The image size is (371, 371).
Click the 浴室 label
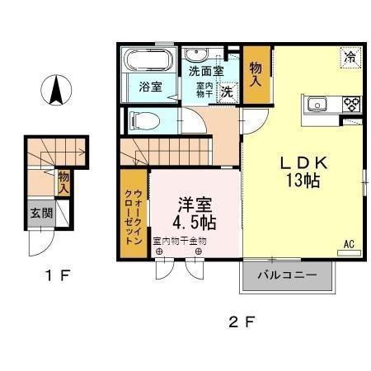pos(150,87)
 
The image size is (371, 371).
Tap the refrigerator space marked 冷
pos(350,58)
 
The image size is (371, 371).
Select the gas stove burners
pos(352,104)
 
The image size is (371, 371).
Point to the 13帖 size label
pos(303,183)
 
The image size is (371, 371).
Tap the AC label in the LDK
pos(350,244)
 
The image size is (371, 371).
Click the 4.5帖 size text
pos(195,222)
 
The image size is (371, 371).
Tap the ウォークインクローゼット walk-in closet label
pos(133,213)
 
